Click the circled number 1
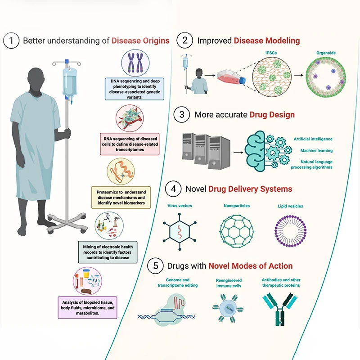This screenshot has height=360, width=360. pos(11,41)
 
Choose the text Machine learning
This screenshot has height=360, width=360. pos(317,151)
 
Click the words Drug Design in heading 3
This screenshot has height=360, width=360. pos(272,115)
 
